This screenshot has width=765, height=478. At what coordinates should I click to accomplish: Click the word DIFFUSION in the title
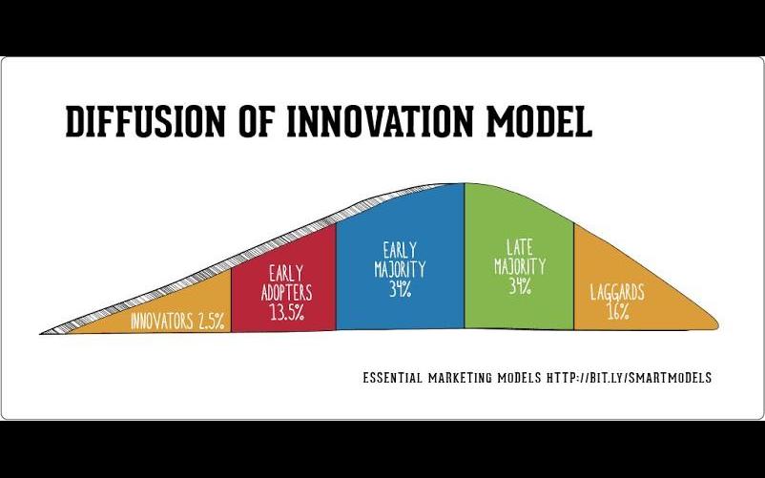click(145, 121)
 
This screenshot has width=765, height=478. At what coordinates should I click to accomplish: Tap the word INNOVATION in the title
click(380, 121)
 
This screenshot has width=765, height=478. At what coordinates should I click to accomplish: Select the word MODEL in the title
click(539, 121)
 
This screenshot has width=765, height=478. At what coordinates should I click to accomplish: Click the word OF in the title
click(256, 121)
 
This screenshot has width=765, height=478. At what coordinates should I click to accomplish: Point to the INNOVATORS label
click(161, 322)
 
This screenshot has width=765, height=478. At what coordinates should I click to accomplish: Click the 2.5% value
click(212, 322)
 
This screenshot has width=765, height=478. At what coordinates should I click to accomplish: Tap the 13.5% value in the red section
click(287, 312)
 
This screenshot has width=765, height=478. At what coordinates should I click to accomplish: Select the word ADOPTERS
click(286, 293)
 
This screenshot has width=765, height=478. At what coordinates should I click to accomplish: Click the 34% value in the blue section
click(400, 289)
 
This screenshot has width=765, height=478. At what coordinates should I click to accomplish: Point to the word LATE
click(520, 247)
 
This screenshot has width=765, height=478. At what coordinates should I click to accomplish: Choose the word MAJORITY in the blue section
click(400, 269)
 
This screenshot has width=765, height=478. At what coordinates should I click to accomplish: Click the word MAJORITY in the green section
click(520, 267)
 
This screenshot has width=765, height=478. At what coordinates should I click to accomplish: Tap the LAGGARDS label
click(617, 293)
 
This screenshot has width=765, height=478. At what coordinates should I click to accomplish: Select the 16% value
click(618, 312)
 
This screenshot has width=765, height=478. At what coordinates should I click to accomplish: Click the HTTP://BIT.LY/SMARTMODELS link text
click(630, 378)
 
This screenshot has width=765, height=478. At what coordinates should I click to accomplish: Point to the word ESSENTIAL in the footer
click(392, 378)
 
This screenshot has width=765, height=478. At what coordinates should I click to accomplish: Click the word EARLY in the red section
click(286, 274)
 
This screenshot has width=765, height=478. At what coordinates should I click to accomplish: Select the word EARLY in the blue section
click(400, 250)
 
